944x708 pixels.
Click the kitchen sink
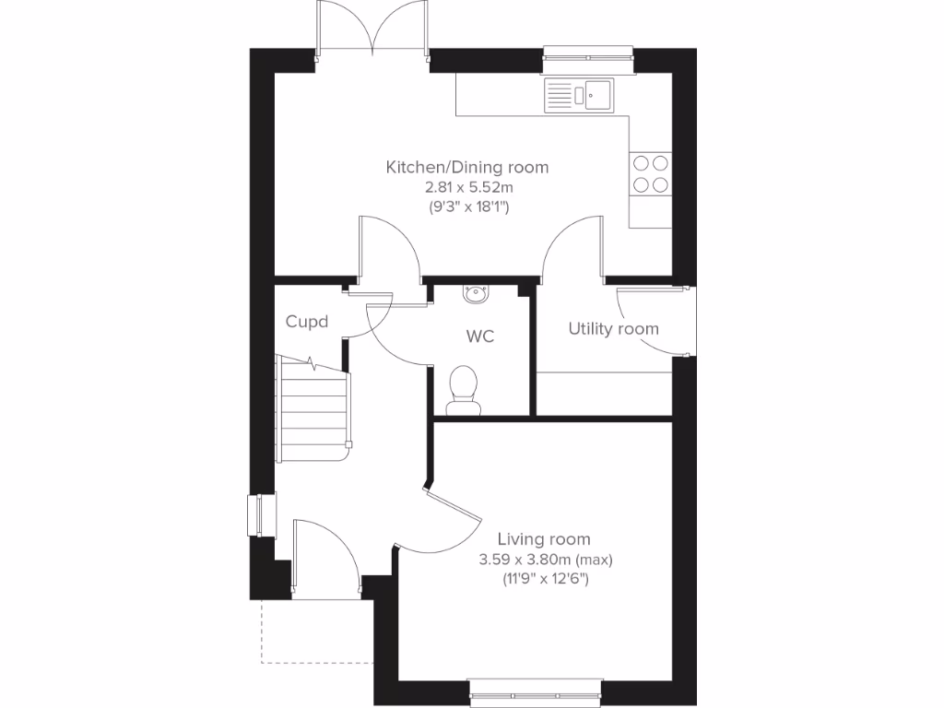578,94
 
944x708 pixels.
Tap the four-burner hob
649,173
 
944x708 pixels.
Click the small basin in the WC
478,293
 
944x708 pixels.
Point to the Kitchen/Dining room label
466,167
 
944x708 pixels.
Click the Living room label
544,539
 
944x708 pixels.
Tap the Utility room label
613,328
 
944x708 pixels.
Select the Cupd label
308,322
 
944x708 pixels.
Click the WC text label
479,336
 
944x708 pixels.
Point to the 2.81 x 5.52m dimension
466,187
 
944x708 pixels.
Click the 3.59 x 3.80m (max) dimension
545,560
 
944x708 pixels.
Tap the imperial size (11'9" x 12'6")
545,579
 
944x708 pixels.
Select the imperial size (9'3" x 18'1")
466,206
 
